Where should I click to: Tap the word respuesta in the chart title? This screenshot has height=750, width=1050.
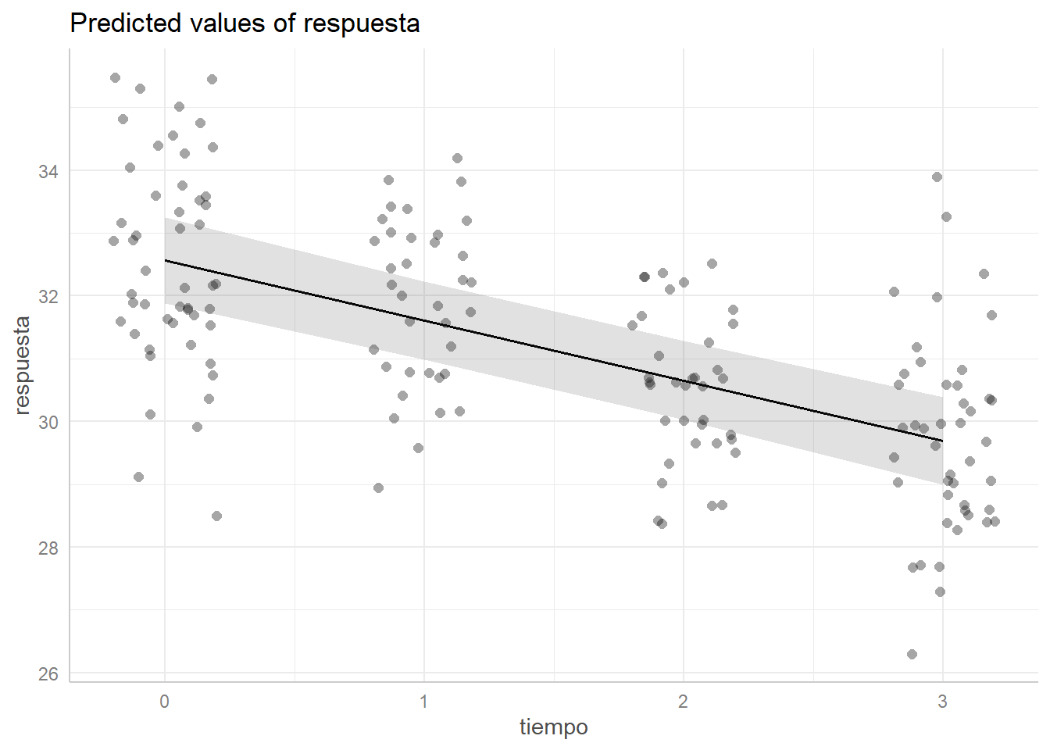click(361, 23)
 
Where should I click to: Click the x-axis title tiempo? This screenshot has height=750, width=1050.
click(553, 727)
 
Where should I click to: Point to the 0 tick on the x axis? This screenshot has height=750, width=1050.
click(164, 702)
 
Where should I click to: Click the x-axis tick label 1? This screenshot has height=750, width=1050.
click(423, 702)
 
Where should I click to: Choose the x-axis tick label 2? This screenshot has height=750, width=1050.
click(683, 702)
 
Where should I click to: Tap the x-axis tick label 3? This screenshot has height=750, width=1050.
click(942, 702)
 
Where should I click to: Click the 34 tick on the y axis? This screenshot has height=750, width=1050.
click(48, 171)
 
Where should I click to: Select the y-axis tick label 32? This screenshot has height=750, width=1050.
click(48, 297)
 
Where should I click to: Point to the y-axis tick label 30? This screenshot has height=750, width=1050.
click(48, 422)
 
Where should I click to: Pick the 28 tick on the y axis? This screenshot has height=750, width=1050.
click(48, 548)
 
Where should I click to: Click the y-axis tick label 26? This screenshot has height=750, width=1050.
click(48, 673)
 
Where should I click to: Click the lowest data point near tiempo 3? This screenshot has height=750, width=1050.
click(912, 654)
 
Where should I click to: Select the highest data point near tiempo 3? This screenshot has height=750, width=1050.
click(937, 177)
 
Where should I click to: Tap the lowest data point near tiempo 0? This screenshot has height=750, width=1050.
click(216, 516)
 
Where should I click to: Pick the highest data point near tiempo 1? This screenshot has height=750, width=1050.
click(457, 158)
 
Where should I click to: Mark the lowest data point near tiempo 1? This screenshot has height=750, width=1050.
click(378, 487)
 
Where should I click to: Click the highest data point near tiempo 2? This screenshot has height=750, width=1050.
click(712, 263)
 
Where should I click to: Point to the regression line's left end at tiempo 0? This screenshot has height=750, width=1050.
click(165, 260)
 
